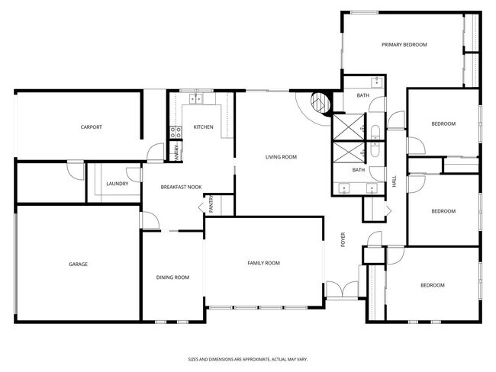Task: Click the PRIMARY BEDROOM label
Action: (x=404, y=45)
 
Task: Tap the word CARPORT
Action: (x=92, y=127)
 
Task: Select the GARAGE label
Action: (x=78, y=265)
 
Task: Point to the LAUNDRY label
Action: (x=117, y=184)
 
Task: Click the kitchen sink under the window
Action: (x=196, y=98)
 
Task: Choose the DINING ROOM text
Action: (x=172, y=277)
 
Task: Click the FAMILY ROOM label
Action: (x=263, y=263)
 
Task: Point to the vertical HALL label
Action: (x=395, y=182)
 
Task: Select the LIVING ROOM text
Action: (x=281, y=157)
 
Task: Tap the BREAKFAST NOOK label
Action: (x=181, y=187)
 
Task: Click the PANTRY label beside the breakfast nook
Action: (x=210, y=204)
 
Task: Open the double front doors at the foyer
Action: (x=341, y=290)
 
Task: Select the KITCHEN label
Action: (x=203, y=127)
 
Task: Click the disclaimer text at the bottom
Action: (x=248, y=358)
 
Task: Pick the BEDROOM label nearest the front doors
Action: (x=432, y=285)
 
